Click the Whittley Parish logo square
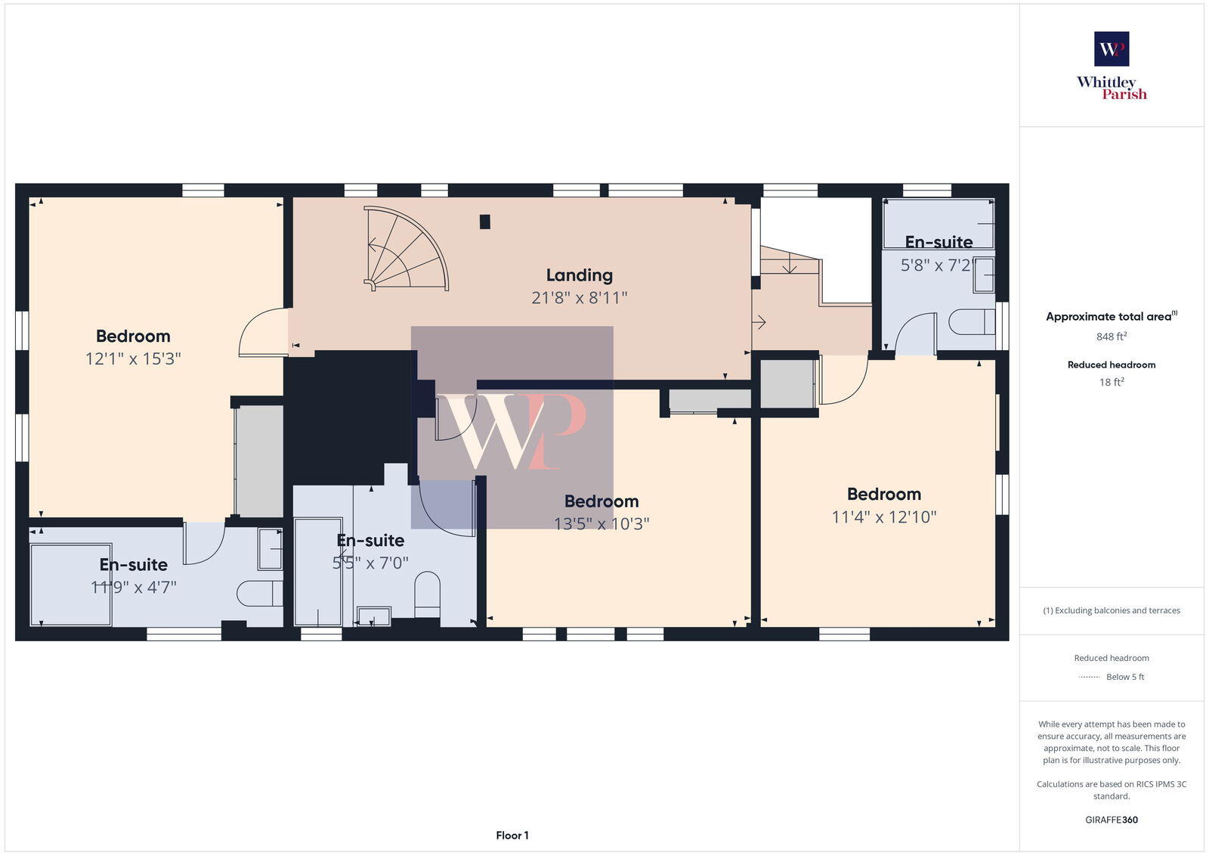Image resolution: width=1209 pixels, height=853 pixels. click(x=1112, y=49)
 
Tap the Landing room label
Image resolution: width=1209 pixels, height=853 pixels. click(x=579, y=275)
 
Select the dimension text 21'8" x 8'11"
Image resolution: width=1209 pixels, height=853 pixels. click(x=579, y=298)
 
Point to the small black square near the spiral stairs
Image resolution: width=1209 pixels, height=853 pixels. click(x=485, y=222)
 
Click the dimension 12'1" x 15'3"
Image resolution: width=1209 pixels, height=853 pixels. click(x=133, y=358)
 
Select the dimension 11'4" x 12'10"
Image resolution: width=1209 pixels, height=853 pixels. click(x=884, y=517)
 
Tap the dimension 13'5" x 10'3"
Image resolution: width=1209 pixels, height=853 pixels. click(x=601, y=523)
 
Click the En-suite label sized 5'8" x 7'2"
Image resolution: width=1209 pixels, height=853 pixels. click(x=938, y=242)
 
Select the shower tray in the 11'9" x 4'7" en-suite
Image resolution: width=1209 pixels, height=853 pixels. click(x=71, y=584)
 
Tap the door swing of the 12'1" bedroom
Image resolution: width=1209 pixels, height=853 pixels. click(x=261, y=333)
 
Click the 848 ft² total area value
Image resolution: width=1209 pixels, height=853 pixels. click(x=1112, y=337)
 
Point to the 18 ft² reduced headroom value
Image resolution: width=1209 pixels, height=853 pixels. click(x=1112, y=383)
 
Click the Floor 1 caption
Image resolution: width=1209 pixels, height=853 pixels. click(x=512, y=836)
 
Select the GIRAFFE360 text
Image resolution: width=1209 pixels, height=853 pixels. click(x=1112, y=820)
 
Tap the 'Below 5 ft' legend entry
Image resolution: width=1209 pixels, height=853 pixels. click(x=1124, y=677)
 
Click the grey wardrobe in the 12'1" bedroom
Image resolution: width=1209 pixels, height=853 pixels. click(x=259, y=461)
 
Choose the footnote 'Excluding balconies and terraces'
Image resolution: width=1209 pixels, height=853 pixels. click(x=1112, y=611)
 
